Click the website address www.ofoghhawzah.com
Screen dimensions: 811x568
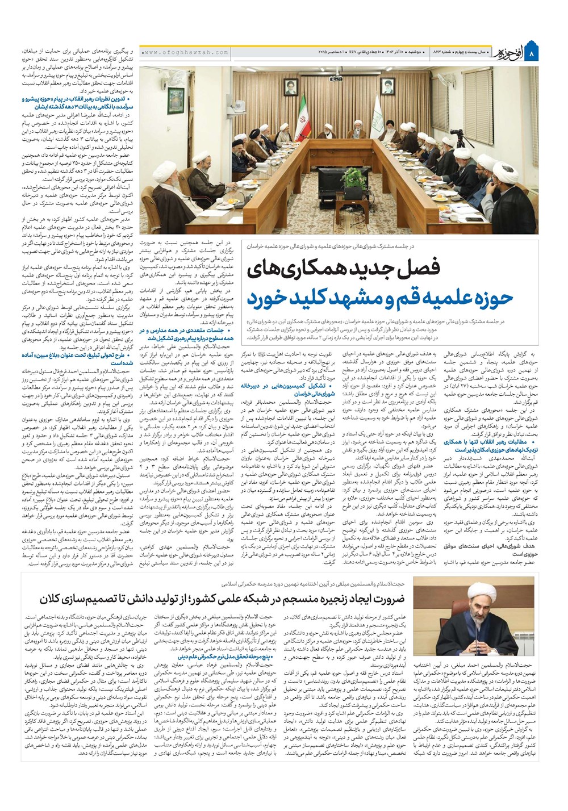tap(185, 52)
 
